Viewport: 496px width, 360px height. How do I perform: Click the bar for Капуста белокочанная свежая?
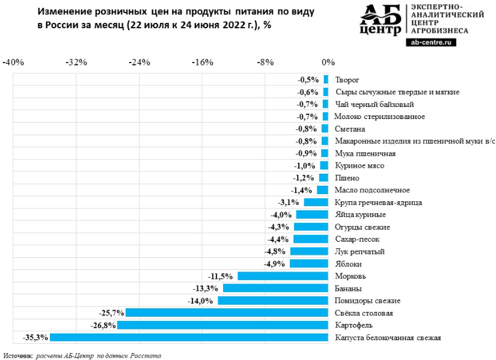pos(189,337)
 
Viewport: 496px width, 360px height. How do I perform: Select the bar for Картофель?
pos(222,325)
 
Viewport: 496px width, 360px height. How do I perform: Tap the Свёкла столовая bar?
pos(227,313)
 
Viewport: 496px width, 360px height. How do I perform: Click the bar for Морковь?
pos(283,276)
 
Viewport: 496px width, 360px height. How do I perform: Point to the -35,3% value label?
pos(35,337)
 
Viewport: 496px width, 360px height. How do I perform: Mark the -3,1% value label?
pos(290,203)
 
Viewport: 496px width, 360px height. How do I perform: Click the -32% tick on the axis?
pos(76,63)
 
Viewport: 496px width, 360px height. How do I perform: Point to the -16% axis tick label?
pos(201,63)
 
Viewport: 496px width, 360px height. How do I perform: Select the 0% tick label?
pos(328,63)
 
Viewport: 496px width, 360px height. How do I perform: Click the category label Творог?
pos(347,79)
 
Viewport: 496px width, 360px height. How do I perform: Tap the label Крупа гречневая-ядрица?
pos(378,203)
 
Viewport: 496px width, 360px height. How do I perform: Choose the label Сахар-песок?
pos(357,239)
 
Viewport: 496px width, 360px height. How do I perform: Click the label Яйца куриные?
pos(360,215)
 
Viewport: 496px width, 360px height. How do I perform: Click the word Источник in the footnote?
pos(18,355)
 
